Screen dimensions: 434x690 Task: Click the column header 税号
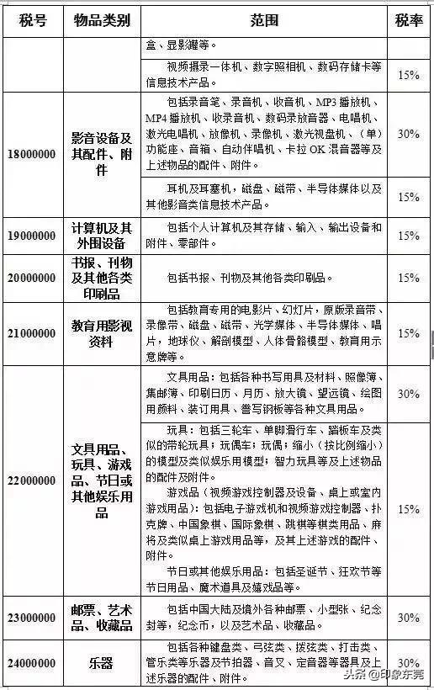pos(32,20)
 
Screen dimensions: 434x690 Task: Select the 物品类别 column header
pos(101,20)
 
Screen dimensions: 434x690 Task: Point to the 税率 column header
pos(409,20)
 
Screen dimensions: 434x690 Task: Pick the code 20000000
pos(32,277)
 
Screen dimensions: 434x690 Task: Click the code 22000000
pos(32,480)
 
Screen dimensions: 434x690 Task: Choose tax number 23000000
pos(32,617)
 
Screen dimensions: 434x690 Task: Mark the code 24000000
pos(32,662)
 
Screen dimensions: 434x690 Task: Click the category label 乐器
pos(101,662)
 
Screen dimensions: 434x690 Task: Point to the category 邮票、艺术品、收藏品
pos(101,617)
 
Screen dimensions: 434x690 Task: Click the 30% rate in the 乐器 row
pos(409,662)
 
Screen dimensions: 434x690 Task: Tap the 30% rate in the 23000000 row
pos(409,617)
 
